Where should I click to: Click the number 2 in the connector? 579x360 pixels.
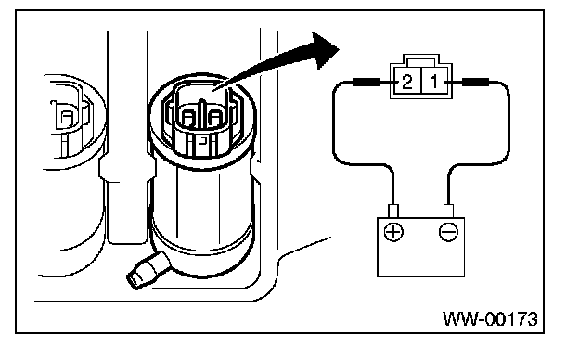(407, 82)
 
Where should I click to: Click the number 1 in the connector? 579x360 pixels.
(434, 82)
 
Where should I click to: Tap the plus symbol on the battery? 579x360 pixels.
(393, 232)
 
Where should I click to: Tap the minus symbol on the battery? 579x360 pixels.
(449, 232)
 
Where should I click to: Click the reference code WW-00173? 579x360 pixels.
(490, 319)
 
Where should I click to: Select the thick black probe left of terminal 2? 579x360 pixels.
(366, 82)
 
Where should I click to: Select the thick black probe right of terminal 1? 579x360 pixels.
(476, 82)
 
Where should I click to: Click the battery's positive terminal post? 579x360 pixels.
(393, 211)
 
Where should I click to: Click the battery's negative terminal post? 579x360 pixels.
(448, 211)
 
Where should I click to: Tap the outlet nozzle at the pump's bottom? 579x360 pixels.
(147, 270)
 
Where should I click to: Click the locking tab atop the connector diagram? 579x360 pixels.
(421, 59)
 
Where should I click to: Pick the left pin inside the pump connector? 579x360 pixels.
(188, 119)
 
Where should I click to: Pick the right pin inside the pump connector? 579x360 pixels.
(215, 119)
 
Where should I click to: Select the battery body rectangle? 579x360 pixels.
(420, 247)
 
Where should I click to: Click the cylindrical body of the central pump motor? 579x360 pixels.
(202, 207)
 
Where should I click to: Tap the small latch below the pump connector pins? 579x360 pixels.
(202, 141)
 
